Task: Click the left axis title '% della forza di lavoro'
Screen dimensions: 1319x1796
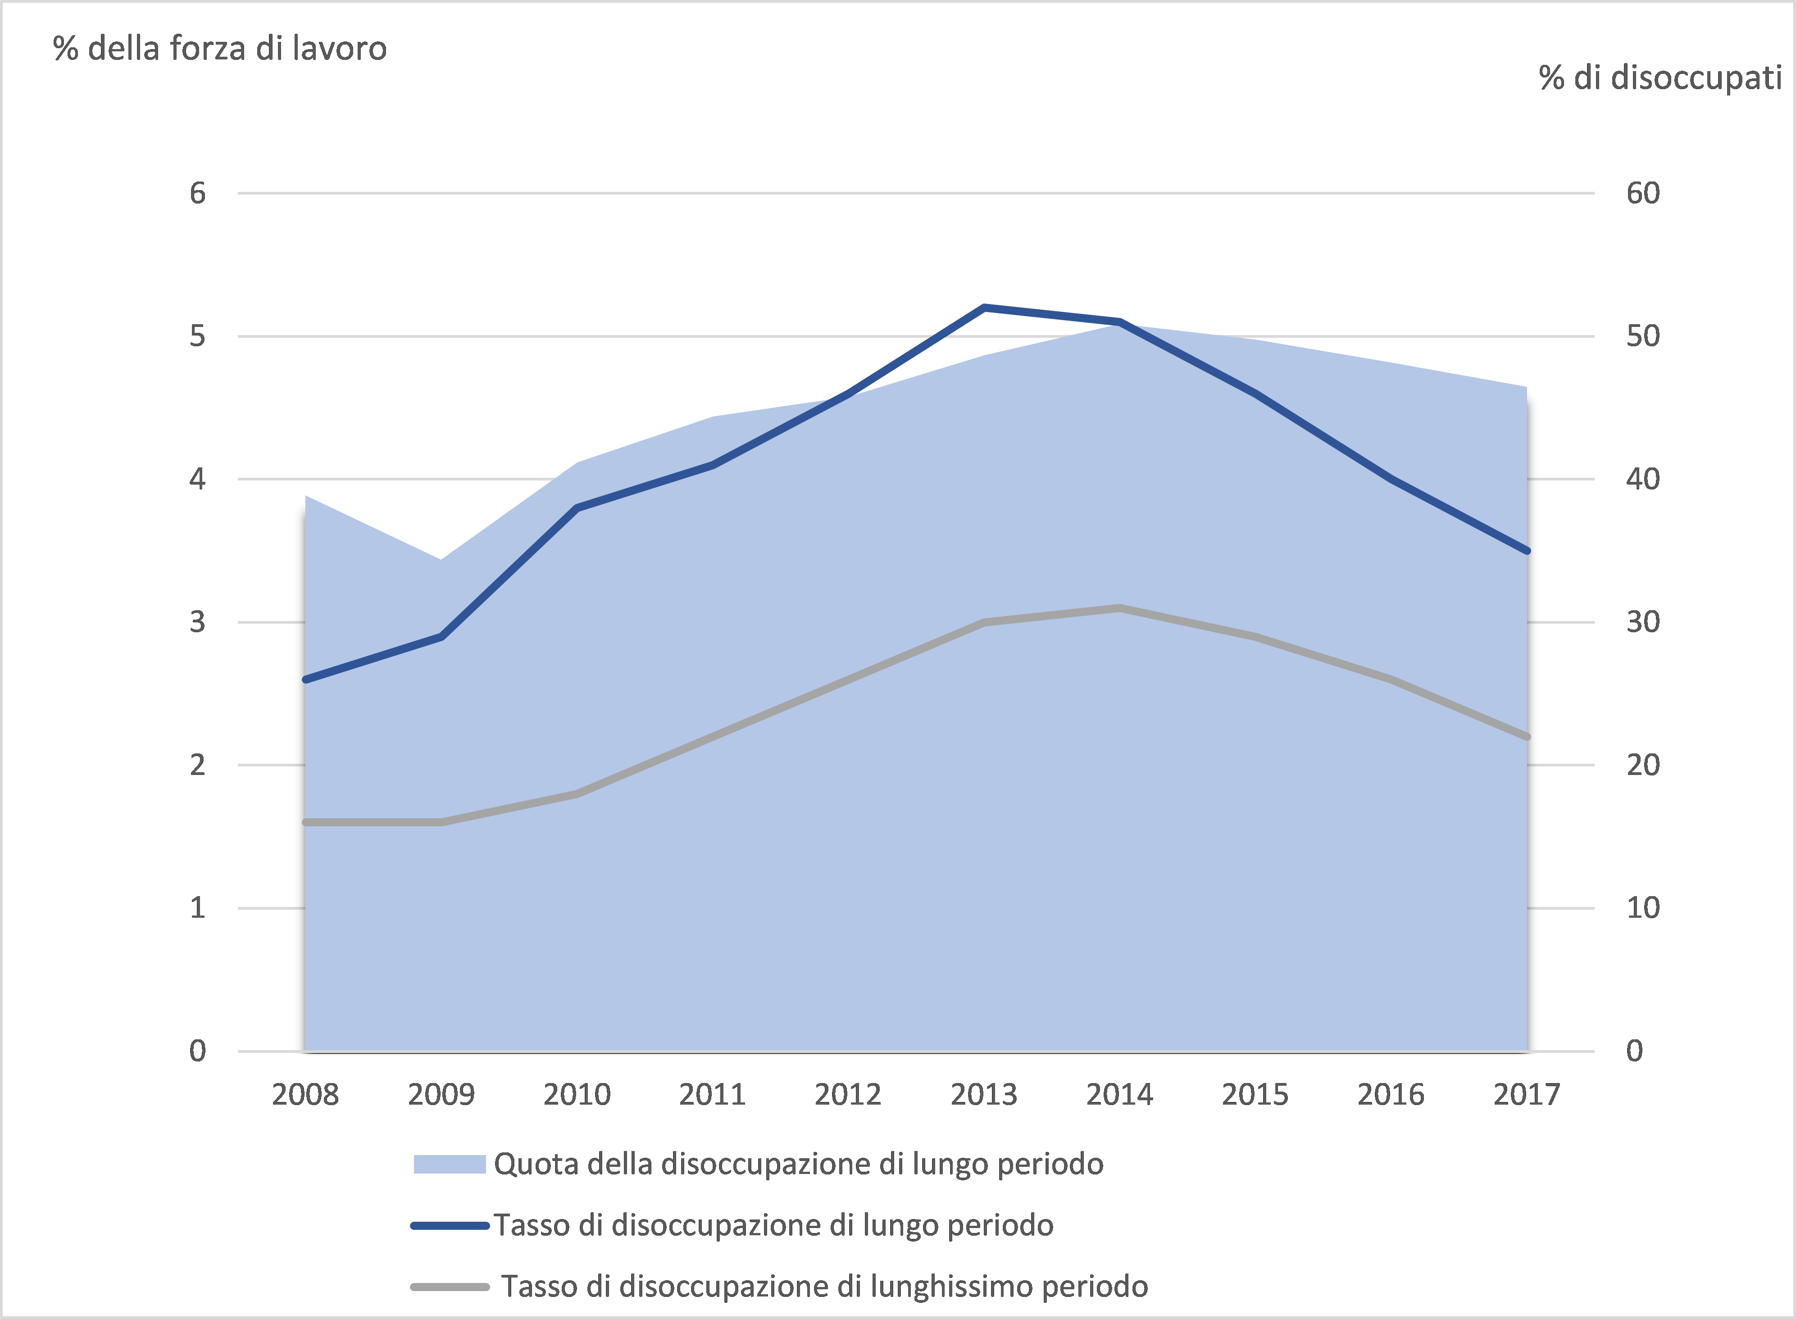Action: (220, 49)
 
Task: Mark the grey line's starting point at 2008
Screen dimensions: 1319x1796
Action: (306, 822)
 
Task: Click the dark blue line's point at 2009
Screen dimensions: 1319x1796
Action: (441, 636)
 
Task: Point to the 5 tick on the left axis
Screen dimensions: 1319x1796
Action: (197, 336)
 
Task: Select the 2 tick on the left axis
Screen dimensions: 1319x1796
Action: (197, 765)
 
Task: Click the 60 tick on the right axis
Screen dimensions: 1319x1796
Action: (1643, 193)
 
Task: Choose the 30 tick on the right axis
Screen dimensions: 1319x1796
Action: (1643, 622)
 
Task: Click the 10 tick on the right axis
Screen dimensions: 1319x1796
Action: (1643, 908)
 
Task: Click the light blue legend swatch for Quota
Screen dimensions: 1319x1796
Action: (450, 1164)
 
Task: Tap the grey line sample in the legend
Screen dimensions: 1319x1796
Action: (450, 1286)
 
